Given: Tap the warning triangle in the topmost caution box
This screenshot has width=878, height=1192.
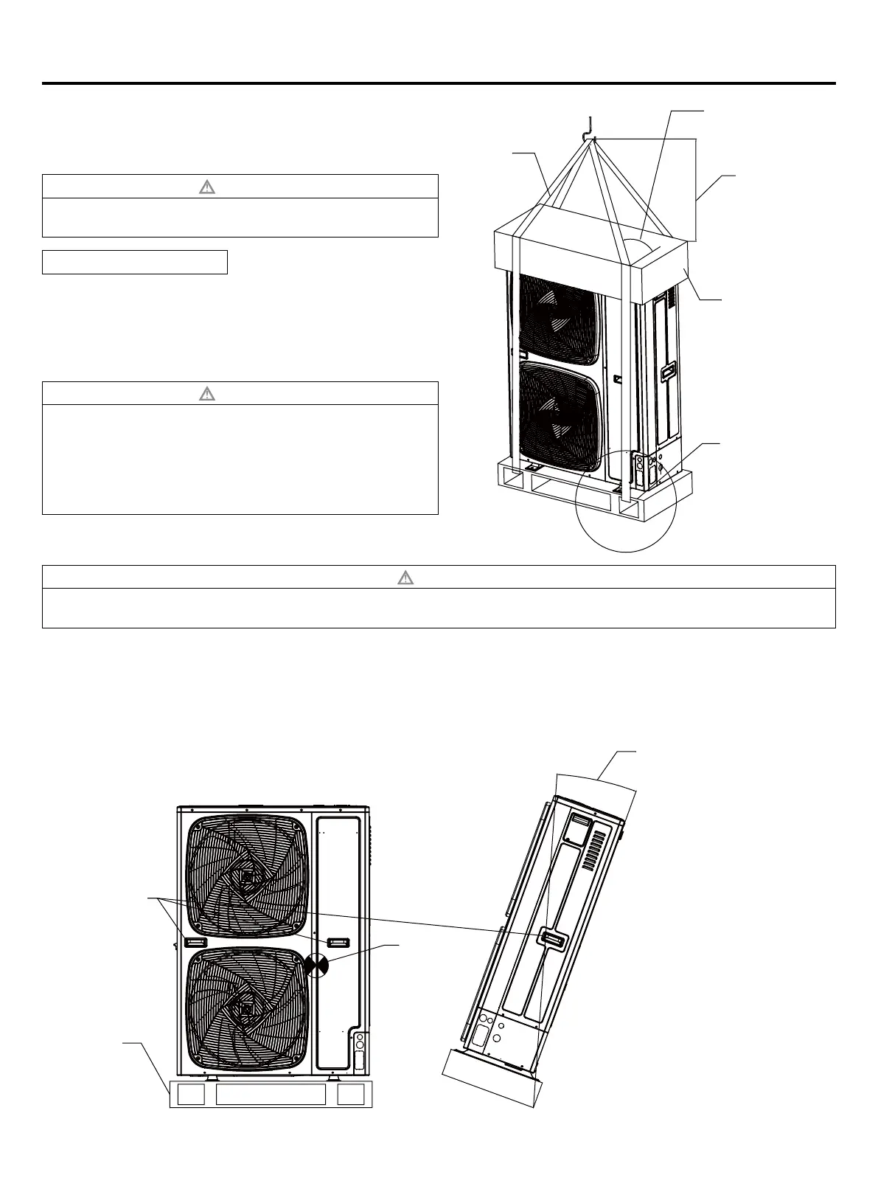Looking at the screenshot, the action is point(207,187).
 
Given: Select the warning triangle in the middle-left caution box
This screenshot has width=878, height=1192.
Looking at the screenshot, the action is point(207,393).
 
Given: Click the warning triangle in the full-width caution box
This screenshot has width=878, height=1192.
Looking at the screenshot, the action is point(405,577).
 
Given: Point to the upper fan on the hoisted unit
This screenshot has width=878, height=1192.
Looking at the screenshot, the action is point(557,319).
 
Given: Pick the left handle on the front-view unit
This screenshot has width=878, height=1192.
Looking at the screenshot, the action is point(196,942).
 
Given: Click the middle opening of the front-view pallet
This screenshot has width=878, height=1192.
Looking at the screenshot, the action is point(271,1095).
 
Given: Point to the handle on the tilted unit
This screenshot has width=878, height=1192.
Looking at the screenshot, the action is point(554,938).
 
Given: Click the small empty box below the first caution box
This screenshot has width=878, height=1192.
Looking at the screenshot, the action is point(134,262).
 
